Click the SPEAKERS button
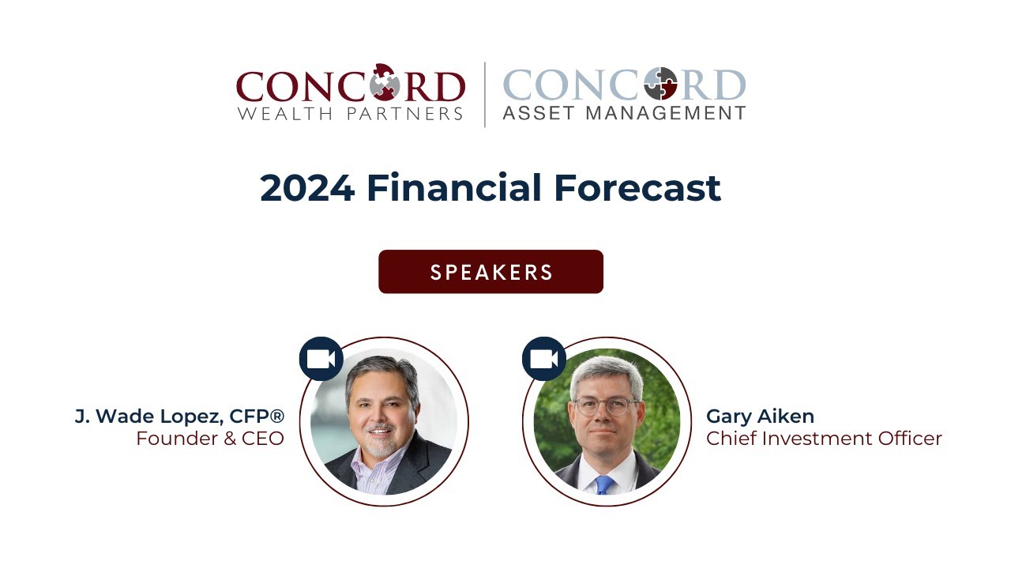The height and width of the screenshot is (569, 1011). (x=490, y=272)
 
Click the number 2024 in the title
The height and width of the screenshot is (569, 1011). (x=306, y=188)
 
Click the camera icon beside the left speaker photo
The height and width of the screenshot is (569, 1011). (x=321, y=359)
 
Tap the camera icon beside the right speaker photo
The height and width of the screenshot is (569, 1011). (x=543, y=359)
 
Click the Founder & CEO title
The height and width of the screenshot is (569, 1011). (x=209, y=439)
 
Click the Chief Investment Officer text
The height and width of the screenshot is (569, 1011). (x=824, y=439)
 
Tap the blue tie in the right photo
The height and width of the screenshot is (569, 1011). (x=604, y=484)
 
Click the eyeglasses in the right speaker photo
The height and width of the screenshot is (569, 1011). (x=606, y=407)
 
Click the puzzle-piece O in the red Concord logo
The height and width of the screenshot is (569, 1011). (x=384, y=82)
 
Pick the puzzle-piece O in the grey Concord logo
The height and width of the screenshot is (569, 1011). (x=660, y=84)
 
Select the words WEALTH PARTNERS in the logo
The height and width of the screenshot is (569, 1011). (x=349, y=114)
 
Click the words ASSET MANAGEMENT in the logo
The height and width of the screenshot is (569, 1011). (x=624, y=114)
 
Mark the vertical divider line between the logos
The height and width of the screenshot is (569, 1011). (x=484, y=95)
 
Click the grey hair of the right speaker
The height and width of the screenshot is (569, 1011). (x=606, y=372)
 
